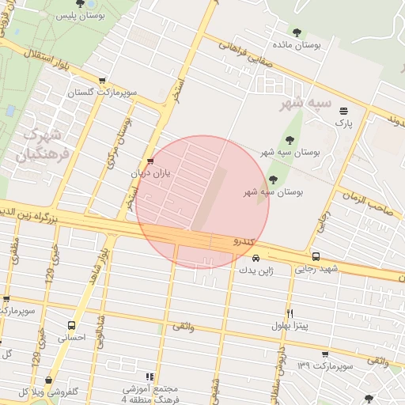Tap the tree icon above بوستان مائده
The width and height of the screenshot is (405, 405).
tap(297, 32)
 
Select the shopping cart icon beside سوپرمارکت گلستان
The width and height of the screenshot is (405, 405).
tap(103, 80)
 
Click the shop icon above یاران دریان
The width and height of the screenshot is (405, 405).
tap(150, 161)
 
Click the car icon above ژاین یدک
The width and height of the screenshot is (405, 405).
tap(255, 258)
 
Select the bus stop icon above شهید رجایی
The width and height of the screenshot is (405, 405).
tap(316, 256)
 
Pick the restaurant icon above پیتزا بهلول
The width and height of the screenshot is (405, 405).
tap(290, 313)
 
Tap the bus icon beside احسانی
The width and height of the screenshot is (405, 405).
tap(72, 325)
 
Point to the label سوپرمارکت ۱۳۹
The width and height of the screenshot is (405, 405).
tap(324, 365)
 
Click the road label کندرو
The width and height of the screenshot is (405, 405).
tap(245, 240)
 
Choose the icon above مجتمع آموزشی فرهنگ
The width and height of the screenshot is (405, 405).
tap(150, 377)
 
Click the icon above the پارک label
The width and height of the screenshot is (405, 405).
tap(343, 111)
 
